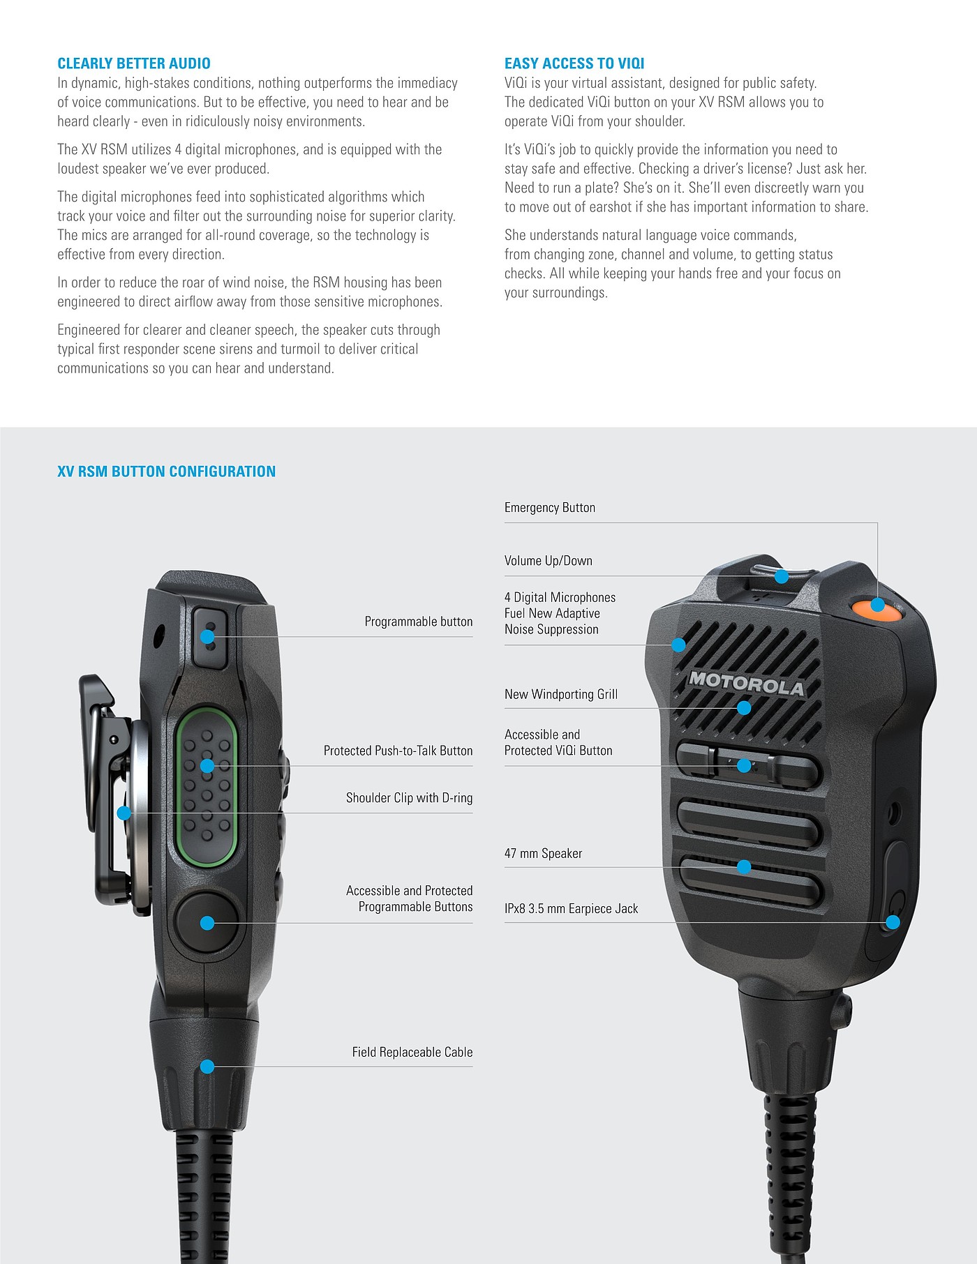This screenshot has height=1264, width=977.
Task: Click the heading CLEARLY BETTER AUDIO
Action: coord(134,63)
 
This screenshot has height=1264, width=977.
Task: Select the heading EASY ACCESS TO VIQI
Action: coord(574,63)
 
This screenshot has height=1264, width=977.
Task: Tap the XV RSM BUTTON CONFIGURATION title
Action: coord(167,472)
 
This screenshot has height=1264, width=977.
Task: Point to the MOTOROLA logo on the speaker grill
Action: coord(747,684)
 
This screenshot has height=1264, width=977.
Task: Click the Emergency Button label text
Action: coord(550,508)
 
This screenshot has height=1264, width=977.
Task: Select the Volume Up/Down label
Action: coord(549,561)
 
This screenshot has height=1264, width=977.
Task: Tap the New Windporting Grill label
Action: coord(561,694)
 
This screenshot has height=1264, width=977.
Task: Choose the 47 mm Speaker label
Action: coord(543,853)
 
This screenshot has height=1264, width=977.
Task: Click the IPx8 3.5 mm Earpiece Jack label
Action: coord(572,908)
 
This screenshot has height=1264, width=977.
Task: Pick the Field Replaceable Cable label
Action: coord(412,1052)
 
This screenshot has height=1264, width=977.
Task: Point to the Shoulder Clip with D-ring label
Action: coord(410,798)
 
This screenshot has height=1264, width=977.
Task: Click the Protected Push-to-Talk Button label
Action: coord(398,751)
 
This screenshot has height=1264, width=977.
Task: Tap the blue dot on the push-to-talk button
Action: coord(207,766)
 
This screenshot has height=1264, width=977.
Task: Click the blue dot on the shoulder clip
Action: coord(124,813)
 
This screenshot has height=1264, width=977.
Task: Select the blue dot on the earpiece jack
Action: coord(893,922)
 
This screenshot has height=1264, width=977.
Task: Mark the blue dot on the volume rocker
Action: coord(782,576)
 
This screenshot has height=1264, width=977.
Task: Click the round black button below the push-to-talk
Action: coord(207,922)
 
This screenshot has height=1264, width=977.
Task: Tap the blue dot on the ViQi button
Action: coord(744,765)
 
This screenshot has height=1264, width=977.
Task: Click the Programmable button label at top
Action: coord(419,622)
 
